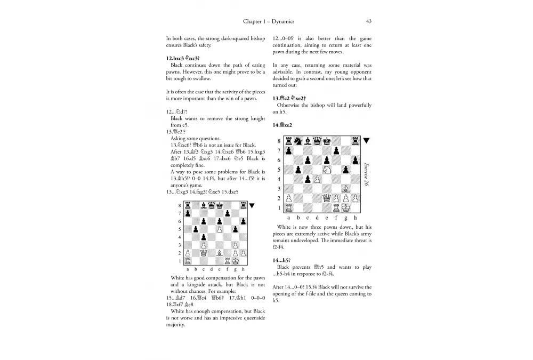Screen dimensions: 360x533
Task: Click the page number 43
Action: coord(369,21)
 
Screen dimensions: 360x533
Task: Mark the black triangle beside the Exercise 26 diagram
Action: coord(367,141)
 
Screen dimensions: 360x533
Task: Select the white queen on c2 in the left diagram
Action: coord(203,253)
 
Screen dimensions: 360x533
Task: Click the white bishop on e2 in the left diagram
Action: coord(219,253)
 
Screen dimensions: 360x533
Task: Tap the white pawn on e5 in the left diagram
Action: coord(219,229)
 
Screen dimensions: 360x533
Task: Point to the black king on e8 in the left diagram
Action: coord(219,205)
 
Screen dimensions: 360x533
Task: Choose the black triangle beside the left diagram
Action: coord(252,205)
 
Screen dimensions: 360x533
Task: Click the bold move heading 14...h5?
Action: coord(282,260)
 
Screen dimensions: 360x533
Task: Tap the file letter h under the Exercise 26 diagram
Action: coord(356,218)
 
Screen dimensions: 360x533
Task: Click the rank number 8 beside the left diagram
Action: coord(180,205)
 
